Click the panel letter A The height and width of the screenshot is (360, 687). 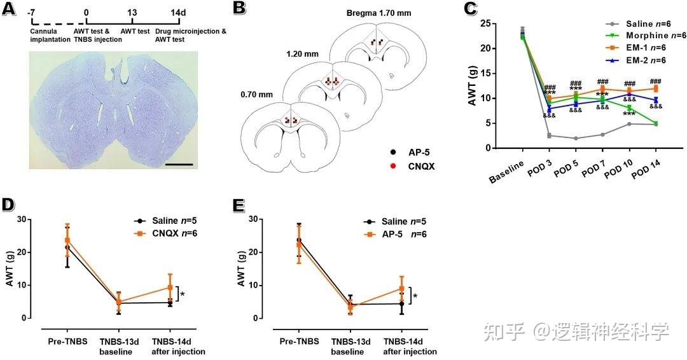8,10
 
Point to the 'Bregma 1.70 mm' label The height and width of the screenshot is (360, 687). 379,13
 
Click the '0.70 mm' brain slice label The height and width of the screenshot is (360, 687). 257,95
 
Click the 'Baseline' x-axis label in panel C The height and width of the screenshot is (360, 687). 508,171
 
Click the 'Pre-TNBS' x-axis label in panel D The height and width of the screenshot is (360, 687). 67,342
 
